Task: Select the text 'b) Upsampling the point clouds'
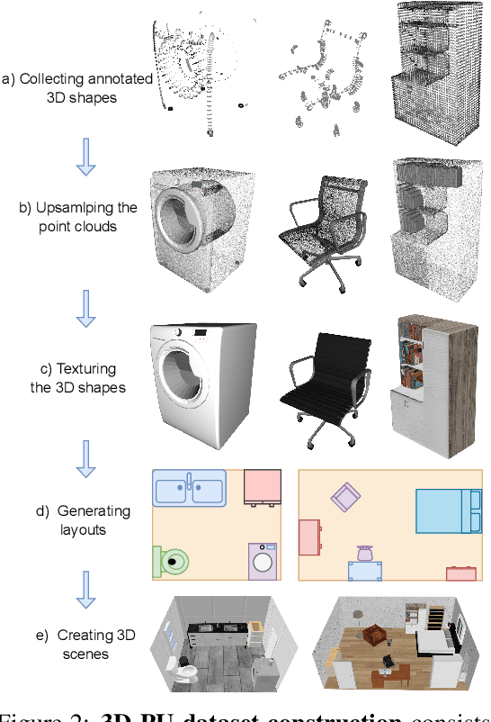(78, 217)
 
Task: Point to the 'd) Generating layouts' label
(83, 520)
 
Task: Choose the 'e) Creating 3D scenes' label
(85, 645)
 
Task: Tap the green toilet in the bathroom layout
(172, 562)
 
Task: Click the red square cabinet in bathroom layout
(263, 487)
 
